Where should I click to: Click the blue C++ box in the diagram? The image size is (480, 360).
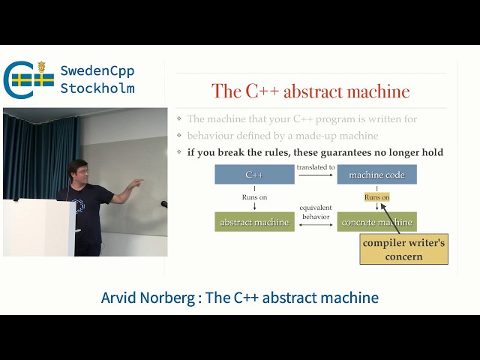point(254,175)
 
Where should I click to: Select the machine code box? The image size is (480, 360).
point(376,175)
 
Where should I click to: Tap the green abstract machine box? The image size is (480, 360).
point(254,222)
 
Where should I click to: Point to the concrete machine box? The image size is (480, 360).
point(376,222)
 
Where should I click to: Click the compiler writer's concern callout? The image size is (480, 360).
point(403,250)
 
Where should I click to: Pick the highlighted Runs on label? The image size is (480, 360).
point(376,197)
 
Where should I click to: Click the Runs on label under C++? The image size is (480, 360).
point(254,197)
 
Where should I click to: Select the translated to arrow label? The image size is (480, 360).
point(316,167)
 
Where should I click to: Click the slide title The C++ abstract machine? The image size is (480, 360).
point(310,91)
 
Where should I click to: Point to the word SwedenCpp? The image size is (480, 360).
point(97,71)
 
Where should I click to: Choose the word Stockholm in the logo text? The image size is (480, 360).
point(97,88)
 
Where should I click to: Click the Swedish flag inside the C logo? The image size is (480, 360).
point(32,79)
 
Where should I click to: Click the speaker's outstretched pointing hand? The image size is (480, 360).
point(136,184)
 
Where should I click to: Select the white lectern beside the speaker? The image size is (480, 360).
point(37,227)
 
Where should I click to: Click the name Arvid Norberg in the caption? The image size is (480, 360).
point(146,298)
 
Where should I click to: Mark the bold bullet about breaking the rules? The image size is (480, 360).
point(314,152)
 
